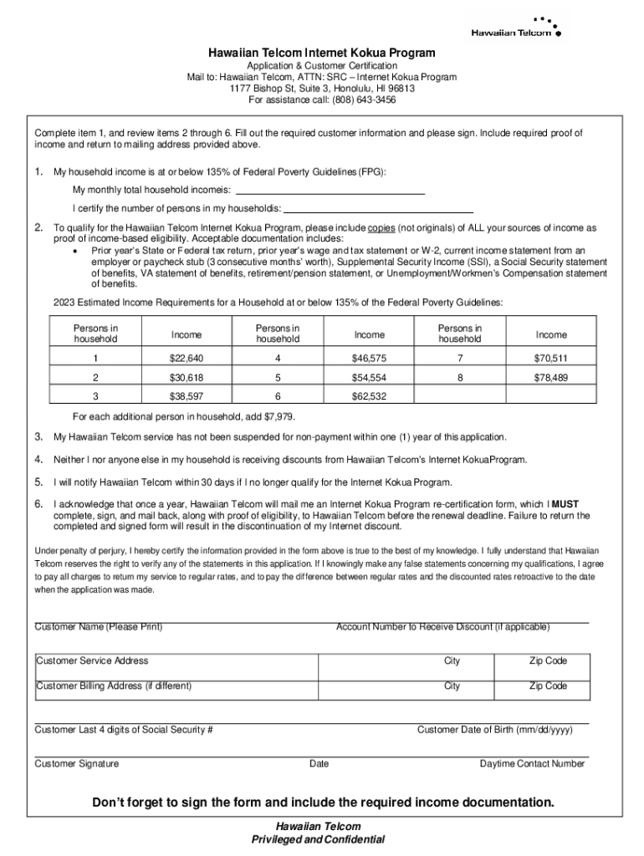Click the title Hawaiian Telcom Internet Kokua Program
(x=322, y=53)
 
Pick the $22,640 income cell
(x=187, y=358)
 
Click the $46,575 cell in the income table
(x=369, y=358)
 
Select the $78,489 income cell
(x=550, y=377)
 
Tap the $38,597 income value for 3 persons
(x=187, y=396)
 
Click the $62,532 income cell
(x=369, y=396)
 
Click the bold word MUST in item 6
(x=565, y=505)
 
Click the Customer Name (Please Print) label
(x=98, y=627)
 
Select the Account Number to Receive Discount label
(x=442, y=627)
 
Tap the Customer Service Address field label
(x=92, y=660)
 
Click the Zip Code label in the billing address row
(x=548, y=685)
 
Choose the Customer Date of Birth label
(x=494, y=729)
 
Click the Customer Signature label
(x=76, y=763)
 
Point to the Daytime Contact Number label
(x=532, y=763)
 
